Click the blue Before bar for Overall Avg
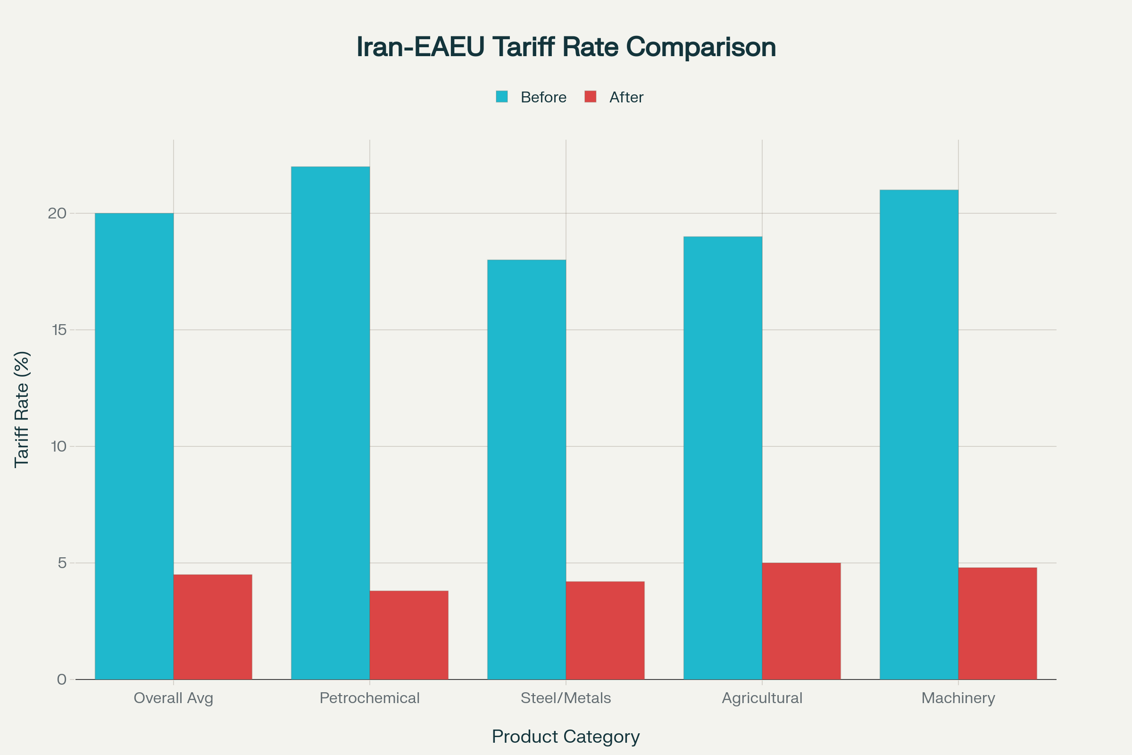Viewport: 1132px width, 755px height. coord(134,446)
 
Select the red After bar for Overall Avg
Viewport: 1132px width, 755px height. coord(213,627)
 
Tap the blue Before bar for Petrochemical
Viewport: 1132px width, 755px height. coord(330,423)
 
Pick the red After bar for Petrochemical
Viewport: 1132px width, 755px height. coord(409,635)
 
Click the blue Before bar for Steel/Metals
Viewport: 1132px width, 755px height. coord(526,470)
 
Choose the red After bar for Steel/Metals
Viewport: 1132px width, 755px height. coord(605,630)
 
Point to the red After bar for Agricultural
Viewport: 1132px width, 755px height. coord(801,621)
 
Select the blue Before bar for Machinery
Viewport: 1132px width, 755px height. coord(919,434)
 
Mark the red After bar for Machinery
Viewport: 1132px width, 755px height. coord(997,623)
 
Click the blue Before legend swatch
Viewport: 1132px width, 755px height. coord(501,97)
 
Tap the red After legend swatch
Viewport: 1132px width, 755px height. coord(590,97)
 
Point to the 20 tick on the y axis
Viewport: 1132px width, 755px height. coord(57,213)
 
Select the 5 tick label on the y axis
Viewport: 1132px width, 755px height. coord(62,563)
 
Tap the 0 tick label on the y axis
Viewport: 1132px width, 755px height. coord(62,679)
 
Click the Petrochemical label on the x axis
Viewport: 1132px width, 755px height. coord(370,698)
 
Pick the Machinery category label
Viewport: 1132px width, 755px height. coord(958,698)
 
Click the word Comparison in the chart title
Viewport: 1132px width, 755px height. coord(701,47)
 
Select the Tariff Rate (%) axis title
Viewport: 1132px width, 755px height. coord(22,409)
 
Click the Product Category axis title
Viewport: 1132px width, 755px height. coord(566,737)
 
